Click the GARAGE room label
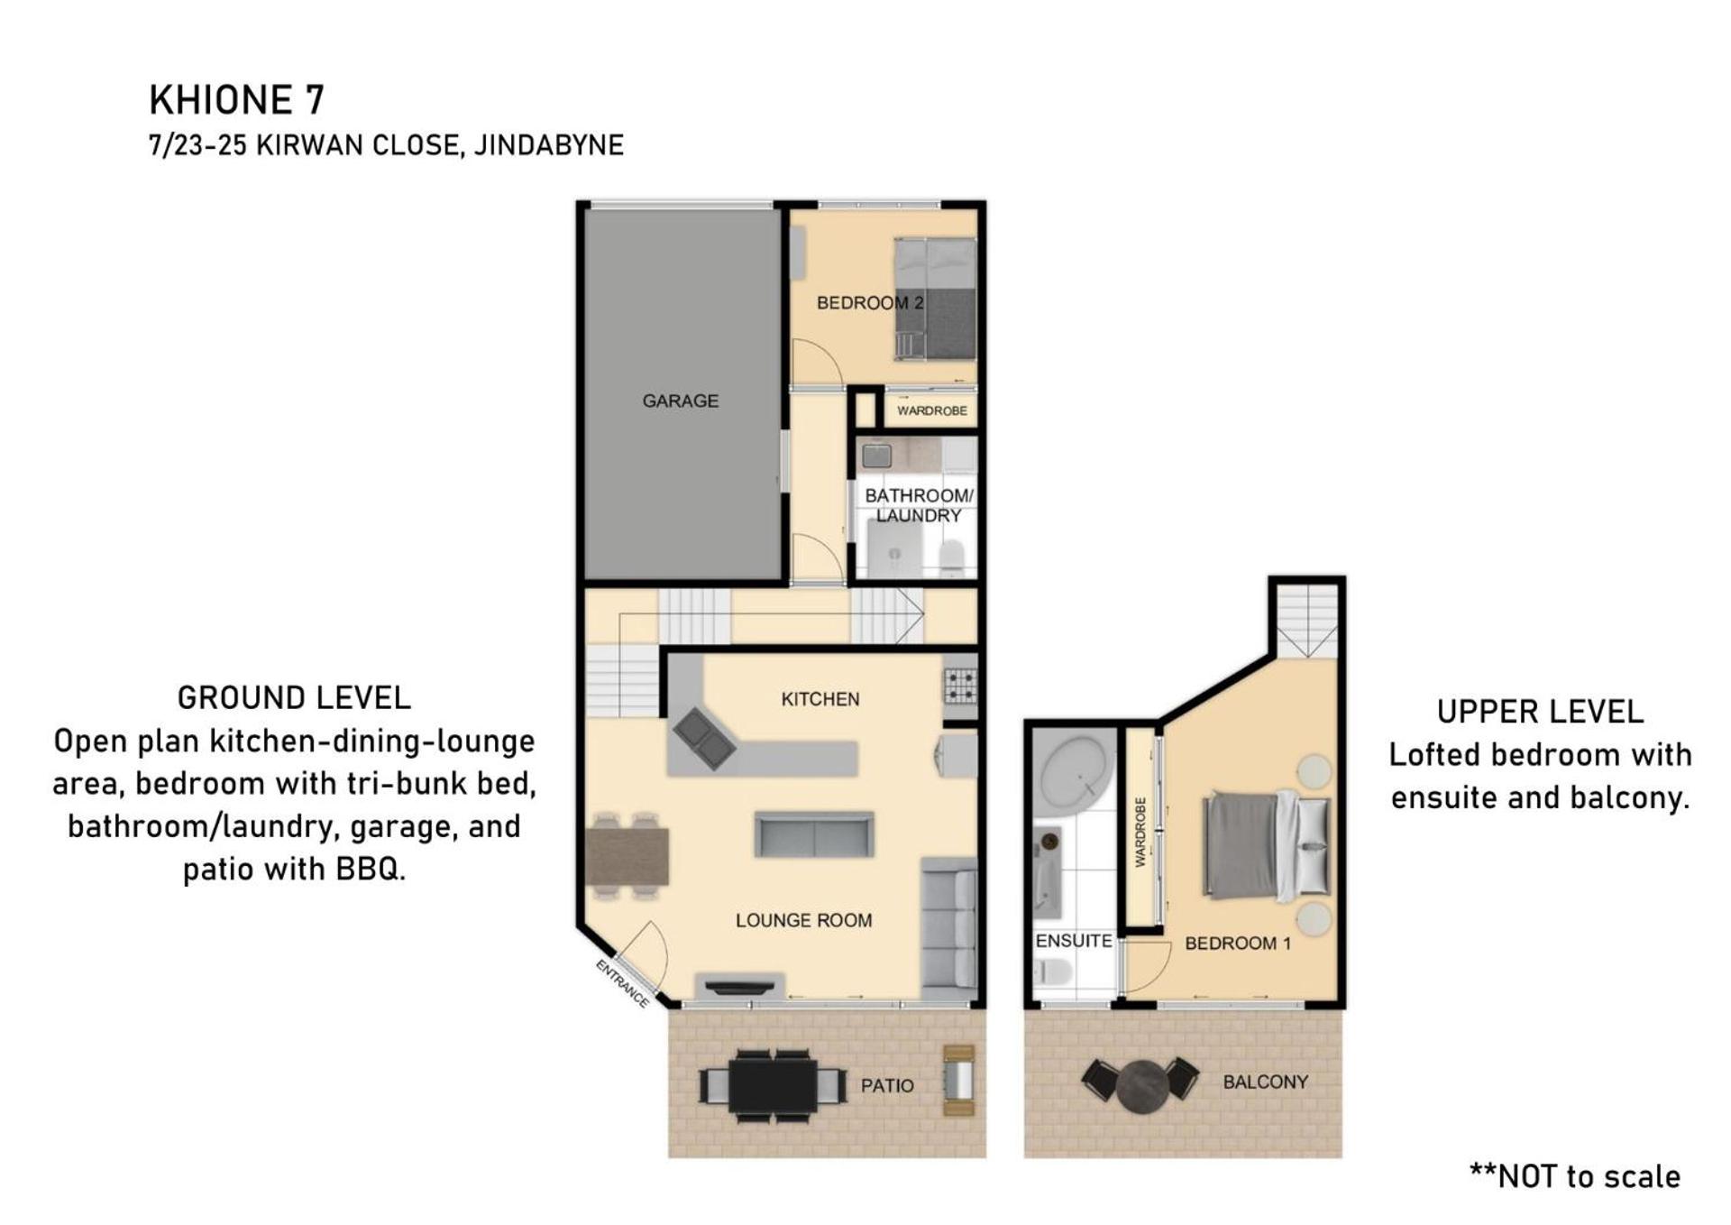680,401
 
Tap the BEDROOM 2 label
870,303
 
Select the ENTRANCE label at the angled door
622,983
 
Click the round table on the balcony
1141,1087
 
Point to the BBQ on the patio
958,1080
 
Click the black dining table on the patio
773,1085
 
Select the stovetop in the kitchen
960,685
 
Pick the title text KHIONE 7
236,100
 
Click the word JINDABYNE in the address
548,145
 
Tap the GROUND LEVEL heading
294,697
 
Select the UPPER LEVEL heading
1540,712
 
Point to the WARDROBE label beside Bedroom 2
931,410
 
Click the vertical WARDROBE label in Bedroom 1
1140,832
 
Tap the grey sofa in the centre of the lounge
813,834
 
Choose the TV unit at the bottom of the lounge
739,986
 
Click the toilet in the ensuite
1052,972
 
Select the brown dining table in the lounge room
627,856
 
